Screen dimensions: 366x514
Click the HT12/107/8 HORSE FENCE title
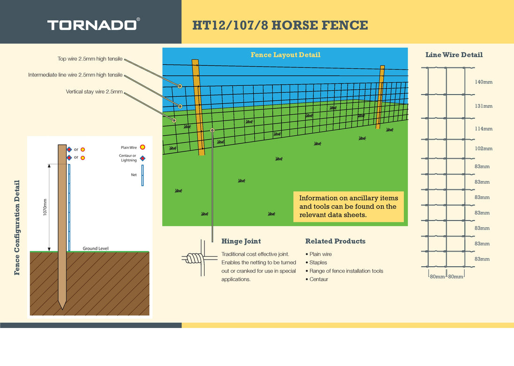[x=280, y=25]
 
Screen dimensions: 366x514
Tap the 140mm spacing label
[x=484, y=82]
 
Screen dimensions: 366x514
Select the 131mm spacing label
[x=484, y=106]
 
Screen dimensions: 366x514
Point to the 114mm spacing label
[x=484, y=129]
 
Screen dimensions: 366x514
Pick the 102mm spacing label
[x=484, y=149]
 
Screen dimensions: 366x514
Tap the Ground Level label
[x=96, y=248]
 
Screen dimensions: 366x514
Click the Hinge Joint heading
[x=241, y=241]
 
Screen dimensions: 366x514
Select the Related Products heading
[x=335, y=241]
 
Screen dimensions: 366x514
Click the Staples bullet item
[x=318, y=262]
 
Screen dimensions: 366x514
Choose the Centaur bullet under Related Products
[x=318, y=279]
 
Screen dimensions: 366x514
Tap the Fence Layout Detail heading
[x=285, y=55]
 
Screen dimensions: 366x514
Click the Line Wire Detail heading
[x=454, y=55]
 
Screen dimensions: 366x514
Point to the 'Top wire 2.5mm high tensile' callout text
[x=90, y=59]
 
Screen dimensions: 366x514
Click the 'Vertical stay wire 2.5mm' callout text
[x=94, y=92]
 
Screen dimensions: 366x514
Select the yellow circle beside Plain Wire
[x=143, y=147]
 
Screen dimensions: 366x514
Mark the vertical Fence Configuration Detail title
[x=17, y=227]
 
